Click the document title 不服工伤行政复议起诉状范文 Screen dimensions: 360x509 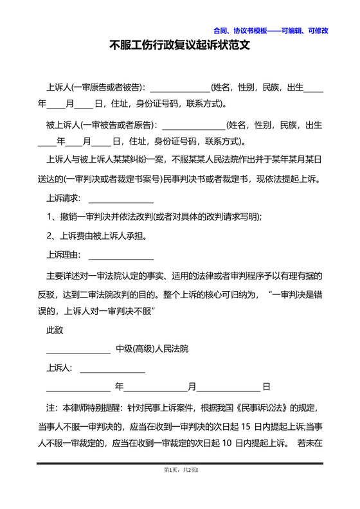(x=179, y=46)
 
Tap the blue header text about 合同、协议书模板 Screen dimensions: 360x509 (x=271, y=30)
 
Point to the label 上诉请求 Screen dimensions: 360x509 (x=62, y=198)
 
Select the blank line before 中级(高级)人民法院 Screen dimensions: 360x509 (x=78, y=350)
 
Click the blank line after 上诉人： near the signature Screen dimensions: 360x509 (x=112, y=369)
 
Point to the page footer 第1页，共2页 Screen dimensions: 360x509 (x=179, y=470)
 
